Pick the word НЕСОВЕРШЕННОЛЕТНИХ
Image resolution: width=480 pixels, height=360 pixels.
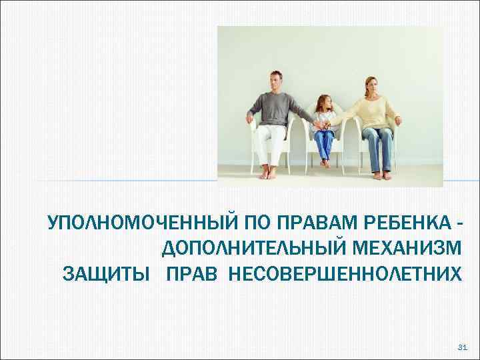344,274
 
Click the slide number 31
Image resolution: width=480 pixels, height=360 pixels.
463,347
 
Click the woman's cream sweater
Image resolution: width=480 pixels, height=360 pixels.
371,112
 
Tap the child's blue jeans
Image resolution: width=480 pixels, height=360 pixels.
325,143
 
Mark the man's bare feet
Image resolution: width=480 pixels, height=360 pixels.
267,173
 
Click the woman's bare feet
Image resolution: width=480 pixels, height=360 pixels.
380,175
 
